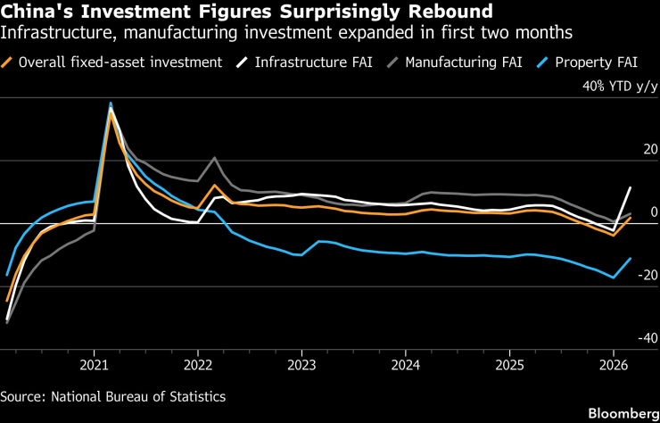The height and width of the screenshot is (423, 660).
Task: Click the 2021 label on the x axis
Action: coord(95,365)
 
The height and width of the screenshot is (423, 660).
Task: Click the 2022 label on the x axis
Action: coord(198,365)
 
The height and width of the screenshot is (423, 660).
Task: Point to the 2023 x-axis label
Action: coord(301,365)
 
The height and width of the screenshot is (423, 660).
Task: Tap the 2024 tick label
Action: coord(406,365)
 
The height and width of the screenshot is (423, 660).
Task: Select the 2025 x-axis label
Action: coord(509,365)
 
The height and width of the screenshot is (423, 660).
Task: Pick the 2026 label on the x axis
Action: coord(614,365)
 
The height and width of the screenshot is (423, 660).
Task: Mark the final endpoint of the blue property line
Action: coord(631,259)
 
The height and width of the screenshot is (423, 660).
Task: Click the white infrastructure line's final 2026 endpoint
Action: coord(631,187)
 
